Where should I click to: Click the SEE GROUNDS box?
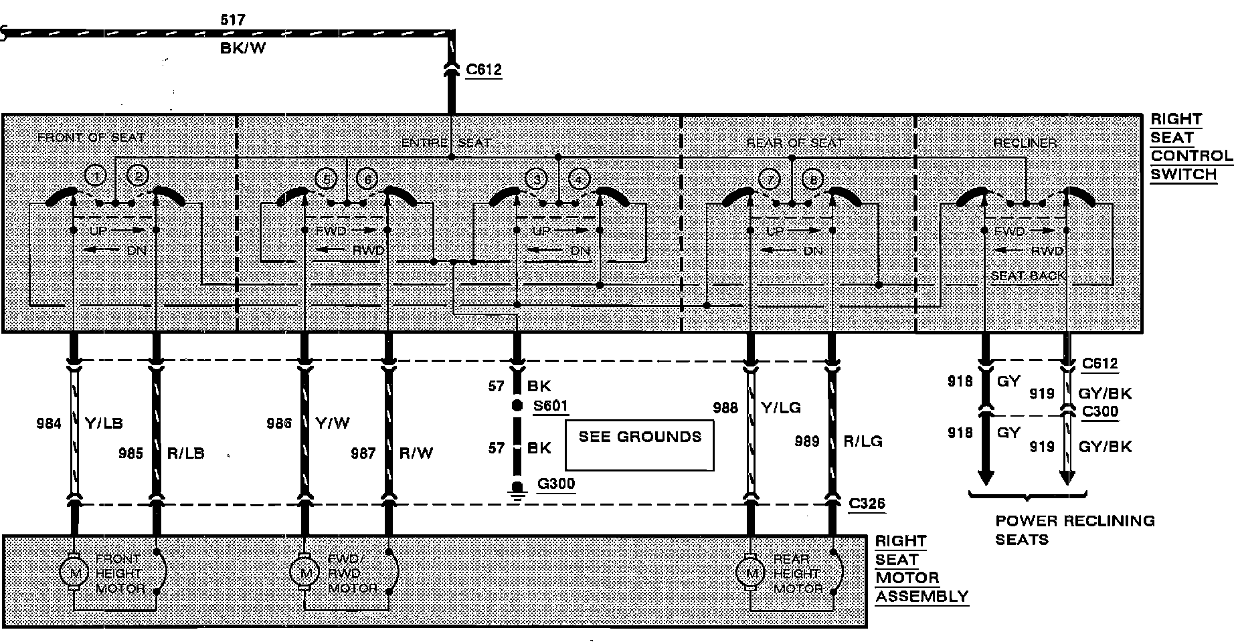pyautogui.click(x=640, y=445)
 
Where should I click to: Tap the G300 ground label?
pyautogui.click(x=555, y=484)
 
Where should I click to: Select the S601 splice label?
pyautogui.click(x=551, y=406)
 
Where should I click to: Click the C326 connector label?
pyautogui.click(x=867, y=503)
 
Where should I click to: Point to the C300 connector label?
pyautogui.click(x=1100, y=411)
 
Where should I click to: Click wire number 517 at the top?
pyautogui.click(x=233, y=21)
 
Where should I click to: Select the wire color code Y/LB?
pyautogui.click(x=104, y=423)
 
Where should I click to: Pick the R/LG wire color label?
pyautogui.click(x=863, y=441)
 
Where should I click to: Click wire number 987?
pyautogui.click(x=363, y=453)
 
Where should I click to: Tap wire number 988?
pyautogui.click(x=725, y=407)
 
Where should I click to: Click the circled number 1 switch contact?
pyautogui.click(x=96, y=177)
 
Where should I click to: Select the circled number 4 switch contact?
pyautogui.click(x=579, y=179)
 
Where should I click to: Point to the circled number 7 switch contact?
pyautogui.click(x=770, y=180)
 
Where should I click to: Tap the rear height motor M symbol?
pyautogui.click(x=751, y=572)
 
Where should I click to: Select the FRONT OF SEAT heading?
pyautogui.click(x=91, y=138)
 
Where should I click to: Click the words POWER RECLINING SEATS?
pyautogui.click(x=1075, y=530)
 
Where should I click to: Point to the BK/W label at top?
pyautogui.click(x=243, y=49)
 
